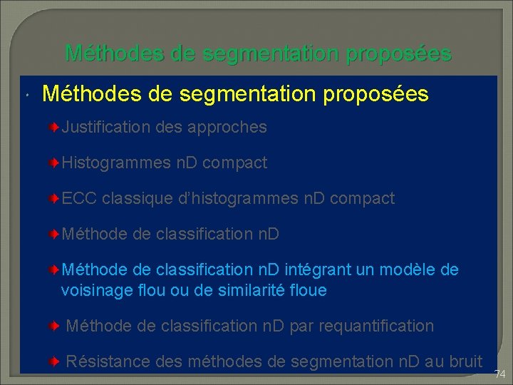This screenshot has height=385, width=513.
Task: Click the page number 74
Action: [499, 374]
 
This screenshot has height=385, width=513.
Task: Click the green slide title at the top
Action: [258, 53]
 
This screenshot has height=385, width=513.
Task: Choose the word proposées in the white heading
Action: [375, 93]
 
